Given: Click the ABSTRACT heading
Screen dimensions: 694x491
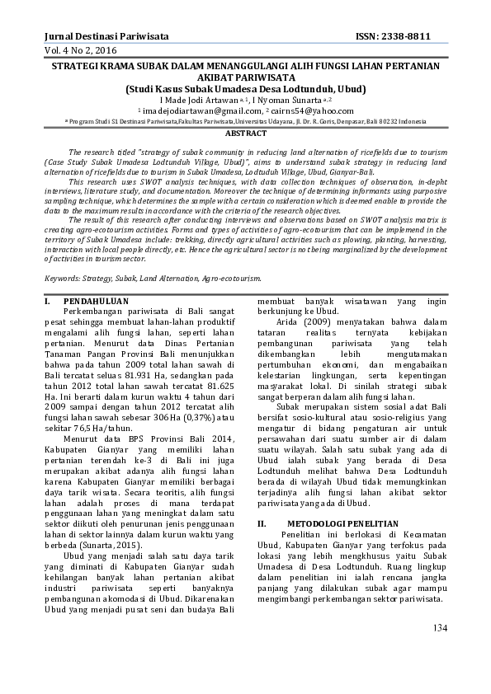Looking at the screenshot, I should [245, 133].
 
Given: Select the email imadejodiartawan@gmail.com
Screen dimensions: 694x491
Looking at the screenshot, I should [196, 110].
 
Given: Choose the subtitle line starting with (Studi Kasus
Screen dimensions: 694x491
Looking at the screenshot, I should [245, 88].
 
